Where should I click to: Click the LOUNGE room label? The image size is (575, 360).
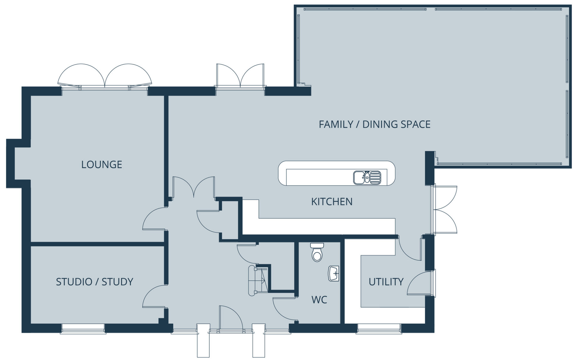102,164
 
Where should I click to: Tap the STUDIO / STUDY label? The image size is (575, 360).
94,282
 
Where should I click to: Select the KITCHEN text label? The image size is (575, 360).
332,202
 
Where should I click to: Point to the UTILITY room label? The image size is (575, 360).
386,282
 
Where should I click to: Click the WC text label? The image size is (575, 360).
319,300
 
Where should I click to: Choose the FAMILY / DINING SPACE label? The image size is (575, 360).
374,124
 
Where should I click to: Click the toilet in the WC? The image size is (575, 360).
317,252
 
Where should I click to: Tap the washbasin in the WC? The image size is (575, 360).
334,273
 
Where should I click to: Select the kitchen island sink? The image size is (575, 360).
367,177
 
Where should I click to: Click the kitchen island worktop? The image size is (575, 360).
337,174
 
